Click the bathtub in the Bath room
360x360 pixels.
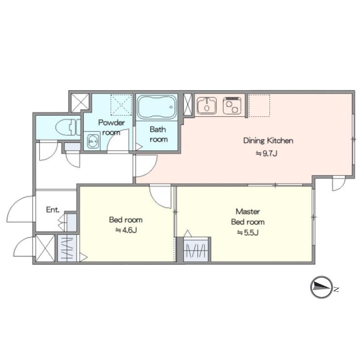pos(157,107)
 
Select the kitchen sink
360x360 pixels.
pos(207,105)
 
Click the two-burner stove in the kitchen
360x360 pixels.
pos(232,105)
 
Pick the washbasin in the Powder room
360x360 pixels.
pos(93,141)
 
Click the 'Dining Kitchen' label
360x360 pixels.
pos(268,141)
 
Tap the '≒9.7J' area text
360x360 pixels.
pos(266,154)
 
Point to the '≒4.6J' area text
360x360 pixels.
pos(126,230)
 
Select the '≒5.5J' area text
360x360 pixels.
pos(248,233)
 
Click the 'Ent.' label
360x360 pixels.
pos(53,210)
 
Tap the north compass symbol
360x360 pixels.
pos(321,287)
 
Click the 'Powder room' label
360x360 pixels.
pos(111,127)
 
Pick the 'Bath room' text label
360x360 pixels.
pos(158,134)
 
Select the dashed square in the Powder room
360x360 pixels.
pos(121,105)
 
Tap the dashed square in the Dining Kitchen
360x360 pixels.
pos(259,105)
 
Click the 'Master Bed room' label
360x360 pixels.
pos(248,217)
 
